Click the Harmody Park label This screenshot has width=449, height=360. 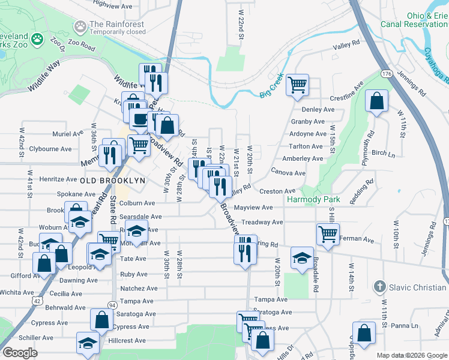[313, 199]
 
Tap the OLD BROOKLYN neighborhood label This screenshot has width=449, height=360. [113, 180]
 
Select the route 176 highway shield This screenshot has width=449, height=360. [386, 74]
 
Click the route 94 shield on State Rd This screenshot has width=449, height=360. [112, 305]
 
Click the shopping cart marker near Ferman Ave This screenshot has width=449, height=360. [328, 233]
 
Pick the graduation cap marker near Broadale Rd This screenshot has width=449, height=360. [301, 258]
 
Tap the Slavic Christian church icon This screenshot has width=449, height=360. [379, 287]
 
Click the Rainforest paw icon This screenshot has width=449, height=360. [80, 26]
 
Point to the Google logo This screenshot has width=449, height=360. [19, 353]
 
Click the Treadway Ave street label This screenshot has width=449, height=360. [262, 222]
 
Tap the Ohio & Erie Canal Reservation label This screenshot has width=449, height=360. [414, 20]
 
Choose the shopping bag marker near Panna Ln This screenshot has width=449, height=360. [364, 333]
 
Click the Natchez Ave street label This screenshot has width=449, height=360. [139, 288]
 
